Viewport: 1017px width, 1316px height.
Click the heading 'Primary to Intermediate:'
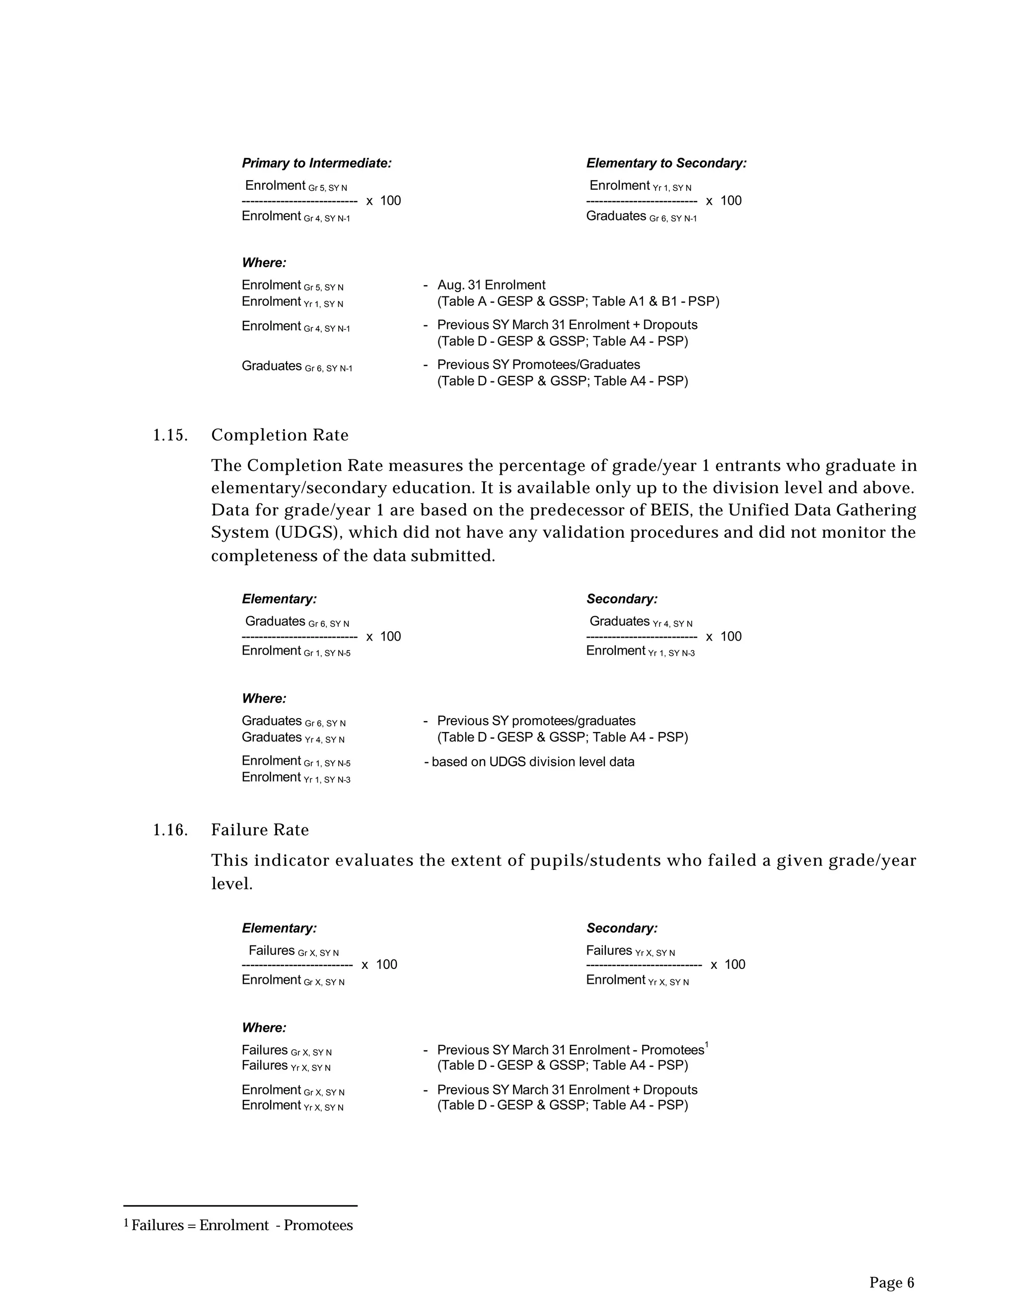[316, 163]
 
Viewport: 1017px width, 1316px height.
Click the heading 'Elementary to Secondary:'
[666, 163]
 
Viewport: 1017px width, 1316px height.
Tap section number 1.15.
[170, 435]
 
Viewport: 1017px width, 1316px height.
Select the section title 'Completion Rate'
[280, 435]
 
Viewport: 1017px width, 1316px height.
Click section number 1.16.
[170, 830]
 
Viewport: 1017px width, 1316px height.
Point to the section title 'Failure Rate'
[260, 830]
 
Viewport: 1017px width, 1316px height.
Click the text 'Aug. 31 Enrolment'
[491, 285]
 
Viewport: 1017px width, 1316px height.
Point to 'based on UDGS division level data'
[533, 762]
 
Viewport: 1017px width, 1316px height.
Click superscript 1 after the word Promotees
[706, 1045]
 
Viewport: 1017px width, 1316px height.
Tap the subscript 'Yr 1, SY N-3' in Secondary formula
[671, 653]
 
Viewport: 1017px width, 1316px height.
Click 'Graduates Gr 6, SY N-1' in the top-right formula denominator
[641, 217]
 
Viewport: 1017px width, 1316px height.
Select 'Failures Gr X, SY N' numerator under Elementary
[293, 951]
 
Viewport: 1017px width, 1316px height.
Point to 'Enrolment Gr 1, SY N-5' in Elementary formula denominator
[296, 652]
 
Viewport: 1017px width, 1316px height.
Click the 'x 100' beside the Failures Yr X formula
[728, 965]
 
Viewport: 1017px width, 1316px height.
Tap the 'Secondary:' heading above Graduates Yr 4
[622, 599]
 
